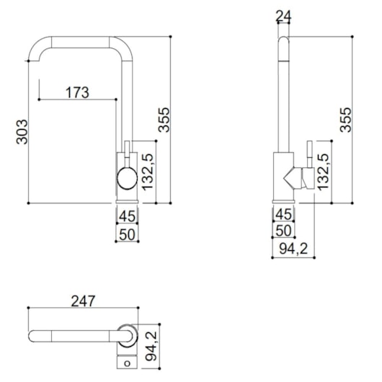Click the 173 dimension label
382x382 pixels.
tap(77, 92)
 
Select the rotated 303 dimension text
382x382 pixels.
tap(22, 131)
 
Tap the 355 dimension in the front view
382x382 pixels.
tap(164, 119)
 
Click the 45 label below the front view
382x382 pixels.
tap(127, 214)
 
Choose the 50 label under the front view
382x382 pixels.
tap(127, 234)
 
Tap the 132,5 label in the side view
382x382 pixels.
tap(324, 172)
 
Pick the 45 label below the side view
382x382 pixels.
tap(283, 214)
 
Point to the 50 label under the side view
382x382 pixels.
tap(283, 231)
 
